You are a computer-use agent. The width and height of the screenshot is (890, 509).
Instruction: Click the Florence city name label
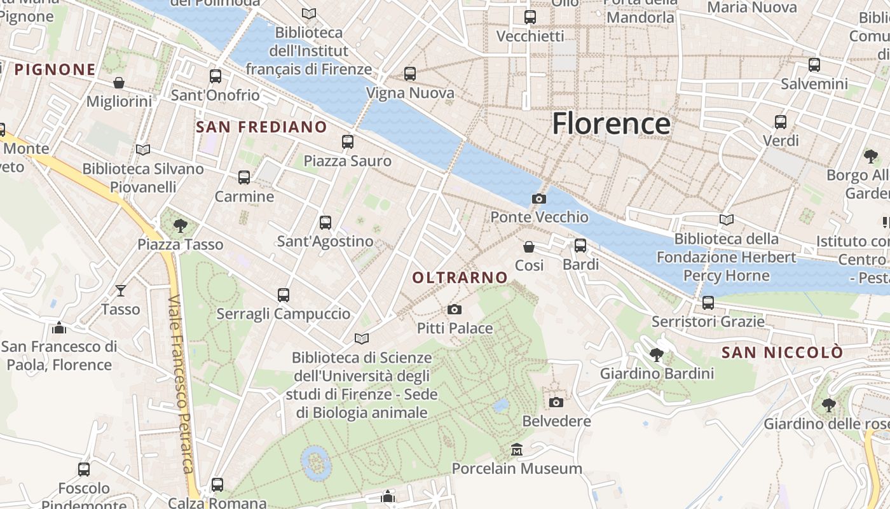pyautogui.click(x=611, y=123)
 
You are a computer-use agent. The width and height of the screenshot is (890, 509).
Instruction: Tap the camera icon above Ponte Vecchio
pyautogui.click(x=539, y=199)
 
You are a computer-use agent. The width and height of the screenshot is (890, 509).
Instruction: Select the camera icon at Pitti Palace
pyautogui.click(x=454, y=310)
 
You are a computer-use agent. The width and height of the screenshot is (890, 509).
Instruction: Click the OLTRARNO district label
pyautogui.click(x=460, y=277)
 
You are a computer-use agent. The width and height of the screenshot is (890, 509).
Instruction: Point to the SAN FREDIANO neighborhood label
pyautogui.click(x=261, y=127)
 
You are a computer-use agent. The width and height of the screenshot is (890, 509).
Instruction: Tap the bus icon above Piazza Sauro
pyautogui.click(x=347, y=142)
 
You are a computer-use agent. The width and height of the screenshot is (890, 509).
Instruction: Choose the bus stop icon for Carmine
pyautogui.click(x=244, y=178)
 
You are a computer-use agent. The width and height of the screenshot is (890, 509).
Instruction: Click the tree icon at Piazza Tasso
pyautogui.click(x=181, y=225)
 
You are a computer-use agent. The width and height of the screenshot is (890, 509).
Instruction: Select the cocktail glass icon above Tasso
pyautogui.click(x=120, y=291)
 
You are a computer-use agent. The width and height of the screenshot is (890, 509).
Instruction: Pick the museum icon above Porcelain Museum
pyautogui.click(x=517, y=450)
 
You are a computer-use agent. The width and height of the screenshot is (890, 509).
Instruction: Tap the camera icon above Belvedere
pyautogui.click(x=556, y=402)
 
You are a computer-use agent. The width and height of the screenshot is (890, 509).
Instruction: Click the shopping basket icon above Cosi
pyautogui.click(x=529, y=246)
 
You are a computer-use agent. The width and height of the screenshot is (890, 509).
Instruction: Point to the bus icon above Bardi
pyautogui.click(x=580, y=245)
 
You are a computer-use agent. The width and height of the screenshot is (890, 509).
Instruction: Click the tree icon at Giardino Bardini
pyautogui.click(x=657, y=354)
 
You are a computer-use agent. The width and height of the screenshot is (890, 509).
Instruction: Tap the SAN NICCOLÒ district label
pyautogui.click(x=783, y=352)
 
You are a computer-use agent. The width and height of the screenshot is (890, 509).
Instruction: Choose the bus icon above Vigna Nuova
pyautogui.click(x=410, y=74)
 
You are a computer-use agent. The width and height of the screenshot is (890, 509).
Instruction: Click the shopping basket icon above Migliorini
pyautogui.click(x=119, y=83)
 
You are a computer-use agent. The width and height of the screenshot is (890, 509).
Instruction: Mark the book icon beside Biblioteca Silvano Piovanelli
pyautogui.click(x=143, y=150)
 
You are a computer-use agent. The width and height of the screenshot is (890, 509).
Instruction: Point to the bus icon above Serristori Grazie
pyautogui.click(x=708, y=303)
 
